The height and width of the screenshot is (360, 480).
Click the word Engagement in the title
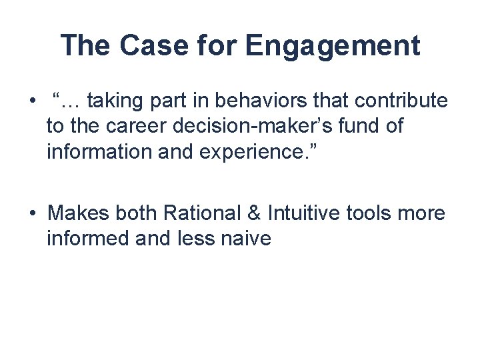click(x=333, y=47)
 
